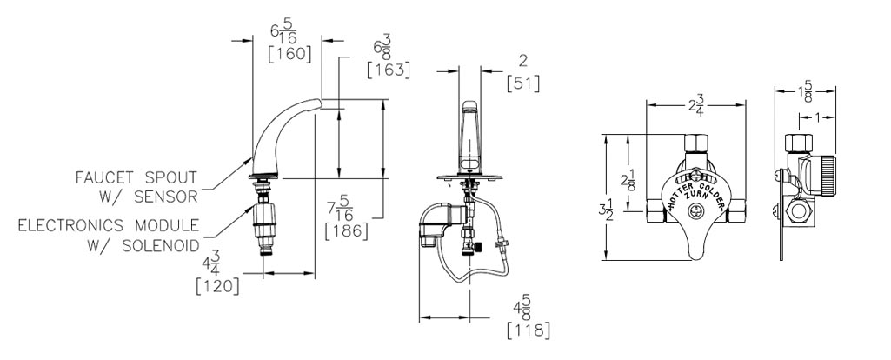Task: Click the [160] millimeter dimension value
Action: (289, 54)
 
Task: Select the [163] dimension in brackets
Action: (389, 70)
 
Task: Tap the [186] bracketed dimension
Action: (346, 231)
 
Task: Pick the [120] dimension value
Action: (217, 286)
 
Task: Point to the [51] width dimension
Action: (522, 83)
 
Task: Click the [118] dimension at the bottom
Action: (528, 330)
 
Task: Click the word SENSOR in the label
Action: (166, 197)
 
